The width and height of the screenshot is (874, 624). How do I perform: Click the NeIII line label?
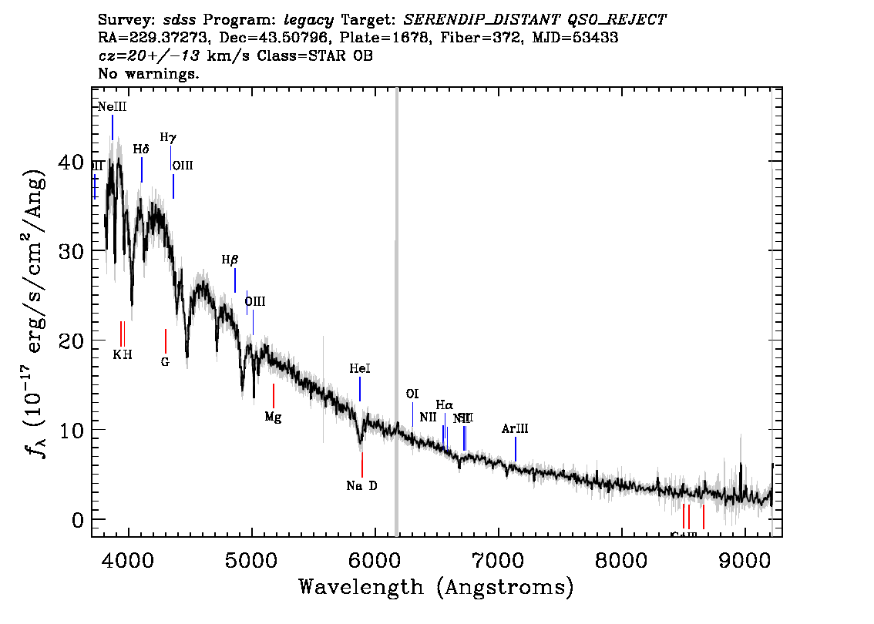point(112,107)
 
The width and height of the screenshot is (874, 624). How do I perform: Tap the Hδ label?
point(140,149)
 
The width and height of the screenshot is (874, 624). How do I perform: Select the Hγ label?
point(168,137)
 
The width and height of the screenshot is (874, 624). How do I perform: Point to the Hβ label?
point(230,260)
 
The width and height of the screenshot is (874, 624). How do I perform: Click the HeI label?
point(360,369)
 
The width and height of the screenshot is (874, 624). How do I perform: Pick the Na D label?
point(361,486)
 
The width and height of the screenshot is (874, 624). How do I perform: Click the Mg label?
point(273,417)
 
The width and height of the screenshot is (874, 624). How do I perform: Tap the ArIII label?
point(515,428)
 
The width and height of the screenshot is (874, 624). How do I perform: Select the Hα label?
point(444,404)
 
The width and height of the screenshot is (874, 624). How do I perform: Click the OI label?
point(412,394)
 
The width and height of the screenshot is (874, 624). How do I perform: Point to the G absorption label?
point(165,361)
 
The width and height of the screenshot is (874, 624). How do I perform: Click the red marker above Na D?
point(361,465)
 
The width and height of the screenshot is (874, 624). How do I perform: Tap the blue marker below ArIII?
point(516,448)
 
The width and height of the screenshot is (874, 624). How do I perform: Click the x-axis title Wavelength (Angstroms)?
point(436,588)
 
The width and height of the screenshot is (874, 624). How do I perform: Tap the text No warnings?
point(150,74)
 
